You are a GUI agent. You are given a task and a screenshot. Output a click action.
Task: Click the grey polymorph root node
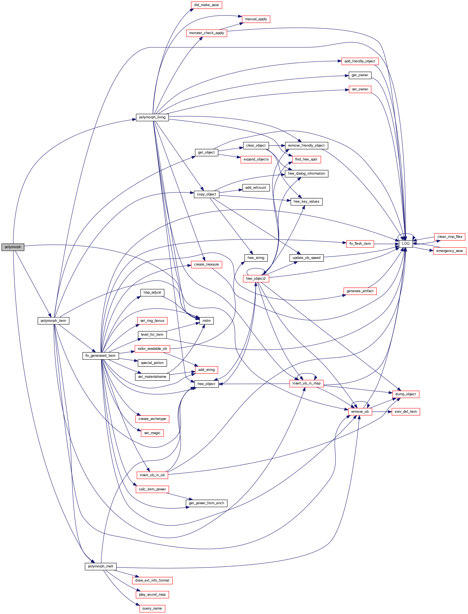click(x=13, y=247)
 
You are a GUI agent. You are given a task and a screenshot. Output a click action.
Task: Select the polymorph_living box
click(x=152, y=118)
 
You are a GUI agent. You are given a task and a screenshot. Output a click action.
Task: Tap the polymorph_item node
click(x=53, y=321)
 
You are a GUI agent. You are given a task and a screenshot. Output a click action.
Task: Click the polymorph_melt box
click(x=100, y=566)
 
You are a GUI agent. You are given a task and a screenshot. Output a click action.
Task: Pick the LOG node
click(x=406, y=244)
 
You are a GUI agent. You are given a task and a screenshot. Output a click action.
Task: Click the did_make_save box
click(x=206, y=5)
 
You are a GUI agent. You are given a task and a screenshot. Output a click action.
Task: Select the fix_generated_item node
click(x=100, y=356)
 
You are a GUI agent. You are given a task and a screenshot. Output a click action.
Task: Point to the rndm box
click(x=206, y=321)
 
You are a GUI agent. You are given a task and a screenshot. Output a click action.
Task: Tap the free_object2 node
click(x=256, y=279)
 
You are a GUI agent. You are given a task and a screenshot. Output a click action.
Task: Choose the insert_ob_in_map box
click(x=306, y=384)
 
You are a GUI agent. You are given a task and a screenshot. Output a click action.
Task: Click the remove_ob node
click(x=360, y=412)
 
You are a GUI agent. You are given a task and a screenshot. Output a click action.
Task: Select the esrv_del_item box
click(x=406, y=412)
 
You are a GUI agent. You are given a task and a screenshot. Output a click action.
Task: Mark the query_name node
click(x=152, y=608)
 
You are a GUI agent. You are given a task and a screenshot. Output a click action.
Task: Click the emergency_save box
click(x=449, y=251)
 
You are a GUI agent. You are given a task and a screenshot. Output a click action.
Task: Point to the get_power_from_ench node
click(x=206, y=503)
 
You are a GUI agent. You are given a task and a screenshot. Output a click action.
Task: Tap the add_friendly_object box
click(x=360, y=61)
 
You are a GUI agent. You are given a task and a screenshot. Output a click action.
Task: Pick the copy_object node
click(x=206, y=194)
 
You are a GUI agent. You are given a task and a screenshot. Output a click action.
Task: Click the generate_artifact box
click(x=360, y=291)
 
